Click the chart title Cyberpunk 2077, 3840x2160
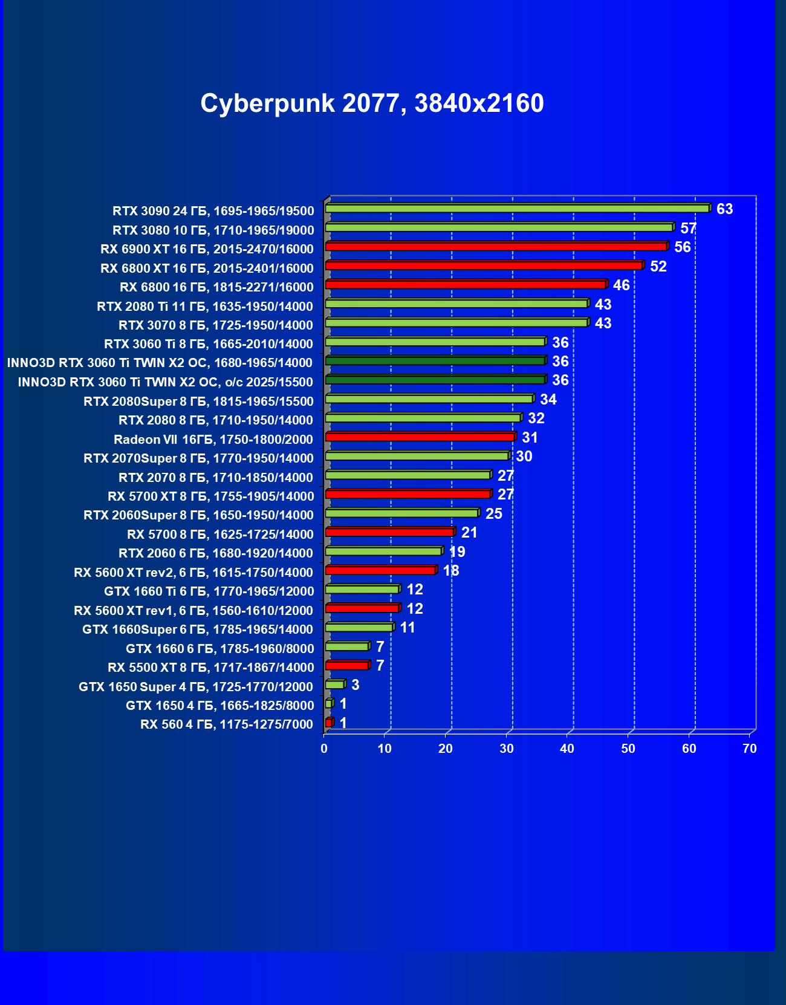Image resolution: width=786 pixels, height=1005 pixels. click(372, 103)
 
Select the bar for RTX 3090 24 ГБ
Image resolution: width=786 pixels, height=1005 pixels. click(517, 209)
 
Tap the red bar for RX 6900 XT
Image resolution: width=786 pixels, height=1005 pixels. click(496, 247)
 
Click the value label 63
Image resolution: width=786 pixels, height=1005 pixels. click(724, 209)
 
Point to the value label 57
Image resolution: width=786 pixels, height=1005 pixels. click(688, 229)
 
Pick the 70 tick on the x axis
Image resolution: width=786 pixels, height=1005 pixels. click(750, 749)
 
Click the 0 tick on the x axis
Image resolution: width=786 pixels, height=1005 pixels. click(324, 749)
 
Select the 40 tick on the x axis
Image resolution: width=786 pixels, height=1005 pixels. click(567, 749)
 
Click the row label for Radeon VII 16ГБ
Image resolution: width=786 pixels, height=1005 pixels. click(213, 440)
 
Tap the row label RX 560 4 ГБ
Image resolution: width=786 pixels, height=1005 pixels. click(227, 724)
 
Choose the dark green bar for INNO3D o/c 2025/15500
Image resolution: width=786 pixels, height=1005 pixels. click(435, 380)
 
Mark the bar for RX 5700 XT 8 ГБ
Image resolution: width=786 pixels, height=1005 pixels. click(408, 494)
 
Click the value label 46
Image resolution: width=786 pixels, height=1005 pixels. click(621, 285)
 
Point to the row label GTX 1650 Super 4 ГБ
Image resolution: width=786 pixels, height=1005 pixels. click(196, 687)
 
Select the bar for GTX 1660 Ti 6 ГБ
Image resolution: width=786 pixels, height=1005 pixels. click(362, 589)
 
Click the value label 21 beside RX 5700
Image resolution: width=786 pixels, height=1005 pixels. click(469, 533)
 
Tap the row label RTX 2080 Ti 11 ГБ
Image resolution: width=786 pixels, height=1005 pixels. click(205, 307)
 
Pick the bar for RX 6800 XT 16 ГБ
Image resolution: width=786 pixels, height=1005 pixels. click(484, 265)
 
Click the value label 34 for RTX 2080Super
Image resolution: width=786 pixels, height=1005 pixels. click(548, 400)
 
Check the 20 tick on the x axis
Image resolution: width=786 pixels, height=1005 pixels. click(446, 749)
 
